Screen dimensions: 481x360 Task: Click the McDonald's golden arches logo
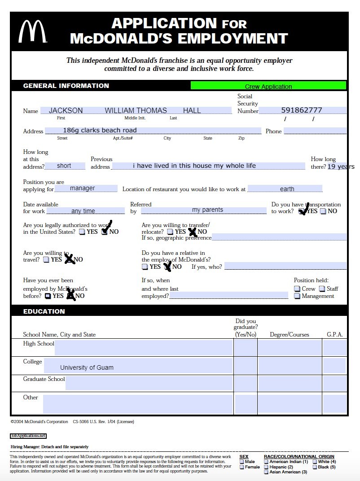pos(32,31)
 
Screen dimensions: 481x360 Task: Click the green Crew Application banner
pos(268,86)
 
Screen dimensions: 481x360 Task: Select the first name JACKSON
pos(66,110)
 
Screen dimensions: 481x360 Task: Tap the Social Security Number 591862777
pos(302,110)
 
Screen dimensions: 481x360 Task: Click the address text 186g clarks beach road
pos(100,130)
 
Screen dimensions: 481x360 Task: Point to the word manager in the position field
pos(83,188)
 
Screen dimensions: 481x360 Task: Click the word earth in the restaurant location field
pos(287,189)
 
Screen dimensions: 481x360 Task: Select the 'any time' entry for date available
pos(83,211)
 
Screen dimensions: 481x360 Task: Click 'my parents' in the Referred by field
pos(207,210)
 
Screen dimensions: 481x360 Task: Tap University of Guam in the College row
pos(87,367)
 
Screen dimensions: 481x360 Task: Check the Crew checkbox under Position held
pos(297,289)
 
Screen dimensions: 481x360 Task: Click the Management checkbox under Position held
pos(297,296)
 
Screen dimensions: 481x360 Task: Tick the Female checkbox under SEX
pos(242,467)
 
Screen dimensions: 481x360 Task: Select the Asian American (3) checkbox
pos(266,472)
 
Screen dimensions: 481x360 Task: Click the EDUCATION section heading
pos(44,311)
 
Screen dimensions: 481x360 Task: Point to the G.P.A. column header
pos(334,335)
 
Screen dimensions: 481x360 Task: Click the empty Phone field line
pos(315,131)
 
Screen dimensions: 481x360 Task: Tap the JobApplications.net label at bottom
pos(28,436)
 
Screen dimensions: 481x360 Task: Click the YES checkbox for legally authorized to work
pos(82,232)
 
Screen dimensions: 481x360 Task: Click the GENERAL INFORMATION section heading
pos(66,86)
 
